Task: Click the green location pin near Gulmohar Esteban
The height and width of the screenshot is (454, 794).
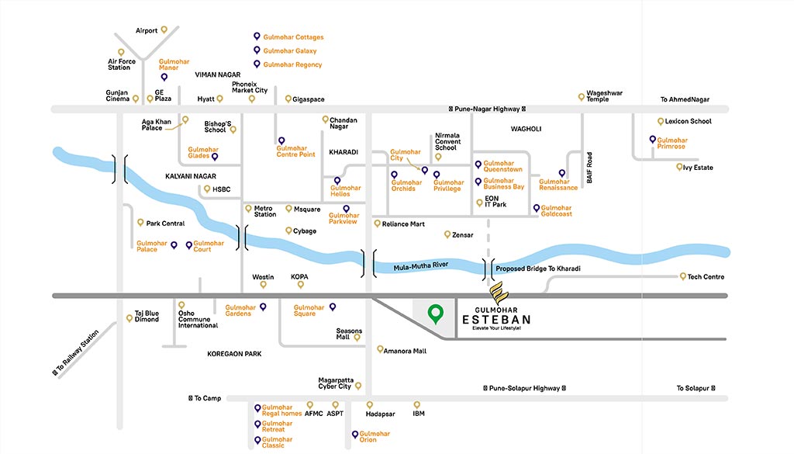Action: click(x=436, y=313)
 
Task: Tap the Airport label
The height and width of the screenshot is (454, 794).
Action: click(x=147, y=31)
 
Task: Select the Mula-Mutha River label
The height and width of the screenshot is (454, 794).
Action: click(x=420, y=265)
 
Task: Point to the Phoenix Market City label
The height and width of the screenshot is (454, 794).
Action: click(x=250, y=87)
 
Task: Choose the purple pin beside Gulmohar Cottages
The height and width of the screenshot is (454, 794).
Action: click(x=257, y=36)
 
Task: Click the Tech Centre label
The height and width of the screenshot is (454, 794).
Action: click(x=706, y=277)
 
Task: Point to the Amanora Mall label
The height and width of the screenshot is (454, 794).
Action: click(x=405, y=351)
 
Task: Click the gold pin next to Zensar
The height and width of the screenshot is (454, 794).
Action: click(x=447, y=234)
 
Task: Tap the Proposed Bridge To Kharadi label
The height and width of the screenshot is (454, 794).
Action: click(x=537, y=269)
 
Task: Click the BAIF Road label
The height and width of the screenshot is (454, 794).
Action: click(x=590, y=167)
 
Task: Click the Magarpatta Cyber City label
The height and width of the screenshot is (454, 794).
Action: click(x=335, y=383)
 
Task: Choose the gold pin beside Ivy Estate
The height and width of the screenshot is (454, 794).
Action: click(x=678, y=167)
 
